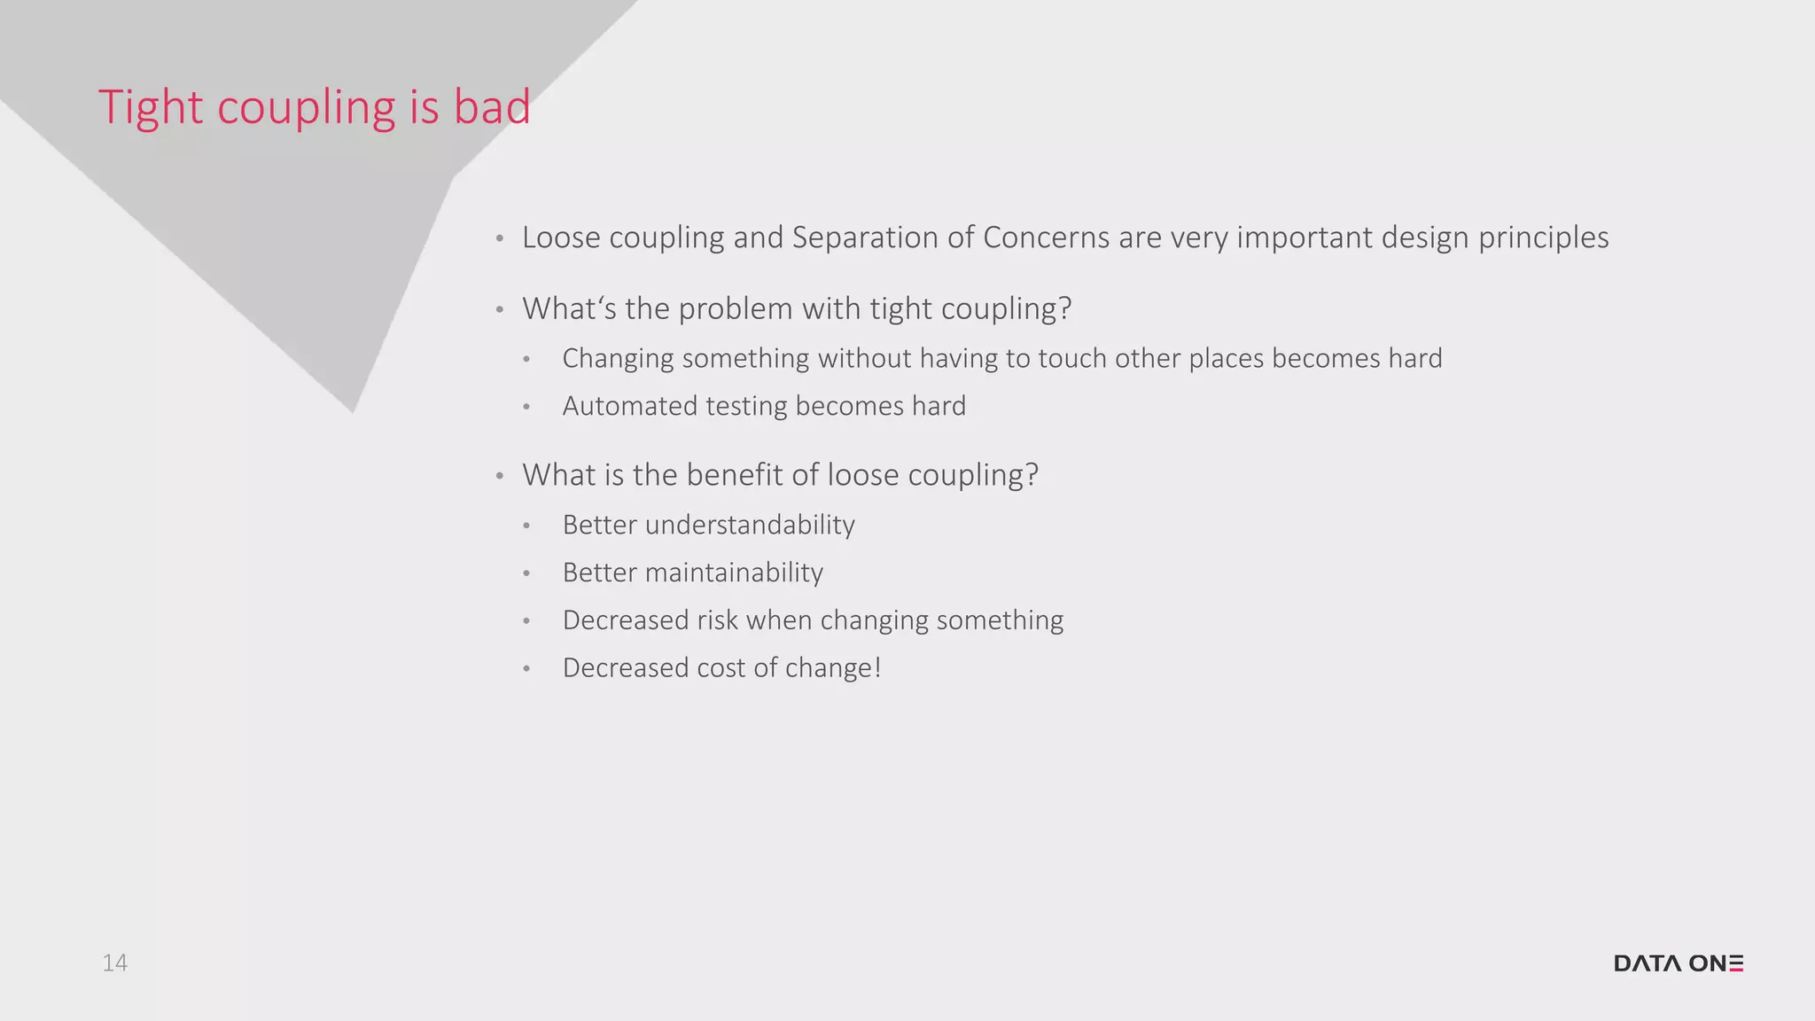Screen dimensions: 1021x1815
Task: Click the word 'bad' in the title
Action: (492, 107)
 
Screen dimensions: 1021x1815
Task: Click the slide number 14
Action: (114, 963)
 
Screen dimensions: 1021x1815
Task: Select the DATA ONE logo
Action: (1679, 963)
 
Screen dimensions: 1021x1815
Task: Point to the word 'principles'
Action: (1543, 238)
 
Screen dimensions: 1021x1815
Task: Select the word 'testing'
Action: (746, 407)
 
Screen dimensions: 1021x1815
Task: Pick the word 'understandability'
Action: (750, 525)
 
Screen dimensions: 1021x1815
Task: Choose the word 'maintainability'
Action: (734, 573)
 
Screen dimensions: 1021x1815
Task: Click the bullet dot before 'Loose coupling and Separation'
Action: (500, 238)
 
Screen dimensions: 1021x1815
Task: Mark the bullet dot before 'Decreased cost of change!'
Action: (526, 668)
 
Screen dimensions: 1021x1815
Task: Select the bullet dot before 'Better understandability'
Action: (526, 526)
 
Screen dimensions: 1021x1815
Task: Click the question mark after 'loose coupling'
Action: (1031, 475)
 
